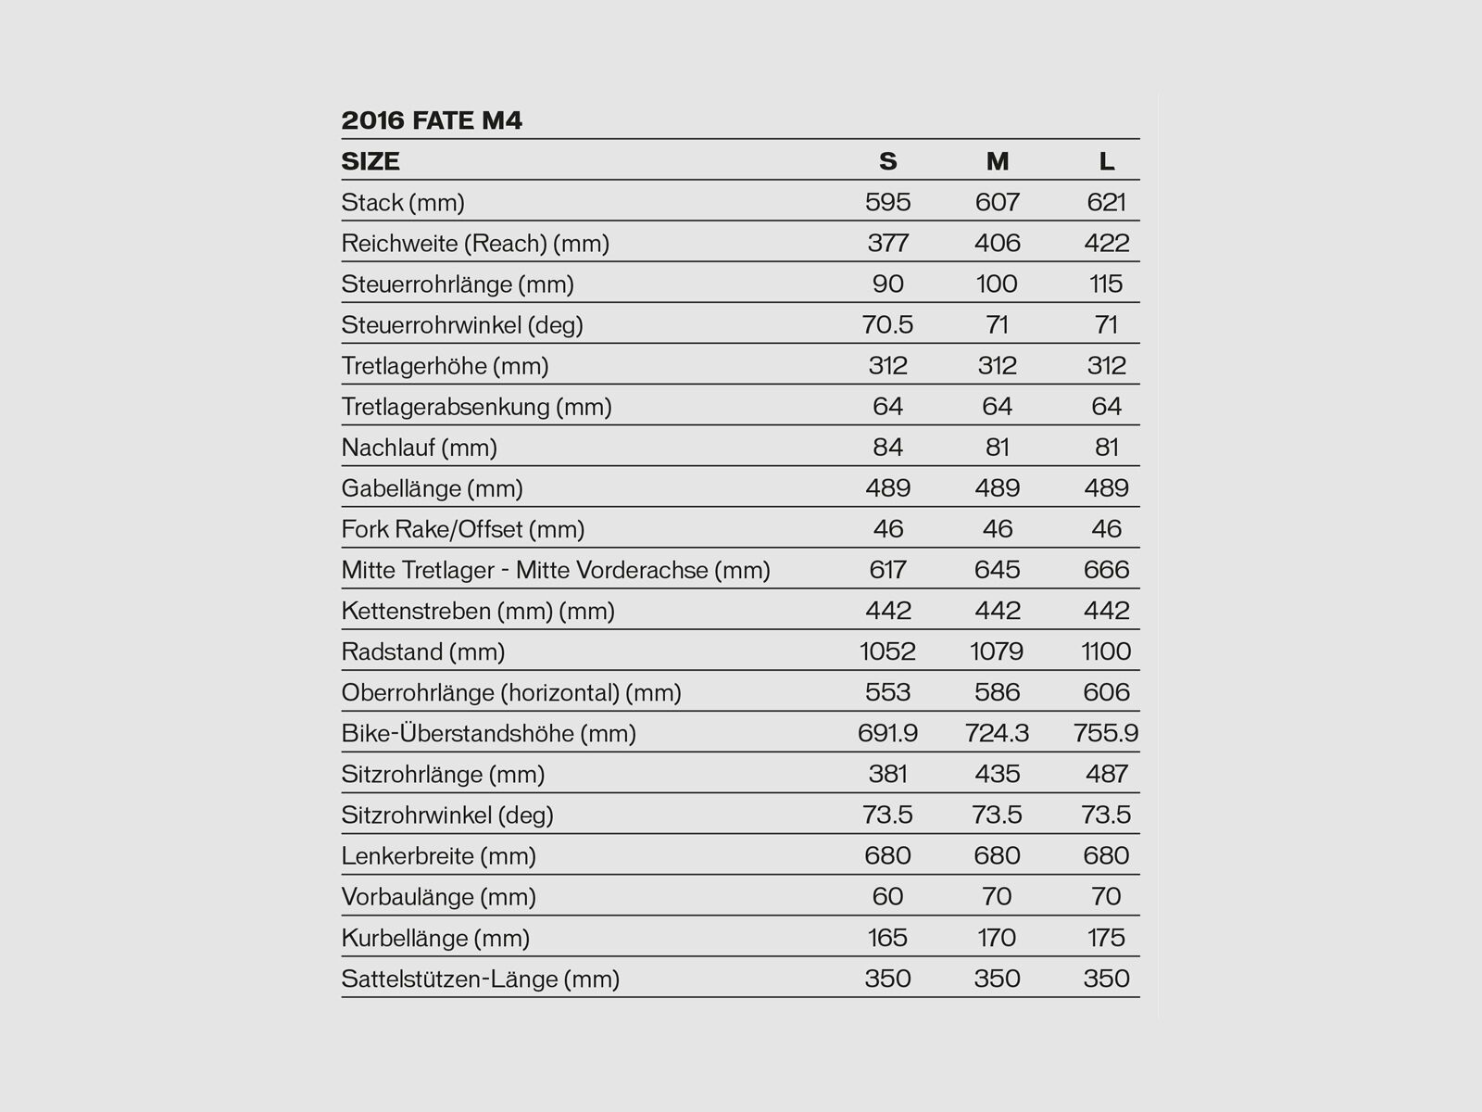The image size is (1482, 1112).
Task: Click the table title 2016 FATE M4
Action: click(432, 120)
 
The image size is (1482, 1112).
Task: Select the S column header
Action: click(887, 161)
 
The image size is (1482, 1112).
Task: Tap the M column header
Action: click(997, 161)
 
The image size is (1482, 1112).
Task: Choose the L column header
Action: click(1106, 161)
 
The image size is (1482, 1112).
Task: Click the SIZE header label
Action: click(370, 161)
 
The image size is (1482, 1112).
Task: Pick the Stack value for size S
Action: click(887, 202)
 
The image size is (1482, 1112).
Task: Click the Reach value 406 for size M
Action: click(997, 243)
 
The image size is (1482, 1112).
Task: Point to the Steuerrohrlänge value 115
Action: click(1106, 284)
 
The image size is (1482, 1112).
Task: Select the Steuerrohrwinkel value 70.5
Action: click(887, 324)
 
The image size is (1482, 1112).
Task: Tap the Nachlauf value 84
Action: click(887, 448)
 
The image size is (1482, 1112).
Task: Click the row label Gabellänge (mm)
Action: click(432, 488)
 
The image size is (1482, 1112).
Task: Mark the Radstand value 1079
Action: click(997, 651)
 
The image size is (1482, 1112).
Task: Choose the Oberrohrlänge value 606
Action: click(1106, 692)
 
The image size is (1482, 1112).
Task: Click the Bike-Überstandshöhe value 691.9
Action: click(887, 733)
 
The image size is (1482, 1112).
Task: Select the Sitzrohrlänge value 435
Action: click(997, 774)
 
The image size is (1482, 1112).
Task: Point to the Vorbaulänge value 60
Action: click(887, 896)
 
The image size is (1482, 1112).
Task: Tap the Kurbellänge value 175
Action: click(1106, 937)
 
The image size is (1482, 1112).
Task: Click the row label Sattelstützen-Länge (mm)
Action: click(480, 979)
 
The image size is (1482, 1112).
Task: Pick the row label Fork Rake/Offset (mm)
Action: click(462, 529)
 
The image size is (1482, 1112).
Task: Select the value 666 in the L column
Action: click(1106, 570)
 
